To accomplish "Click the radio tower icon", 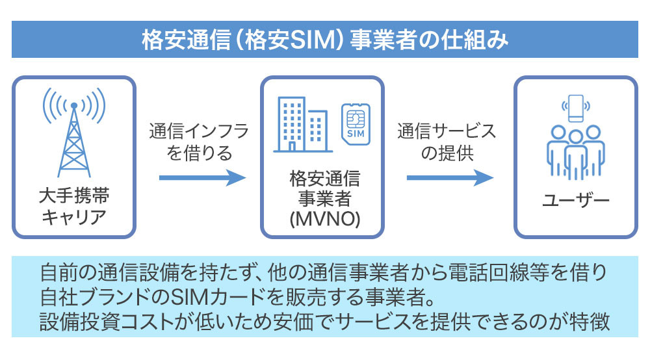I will tap(73, 133).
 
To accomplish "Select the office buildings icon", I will tap(302, 124).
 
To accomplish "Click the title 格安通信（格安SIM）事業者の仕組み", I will tap(324, 39).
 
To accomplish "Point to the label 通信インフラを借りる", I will tap(199, 142).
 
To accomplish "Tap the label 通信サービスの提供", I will tap(447, 142).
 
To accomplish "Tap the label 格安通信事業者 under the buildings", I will tap(324, 188).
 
